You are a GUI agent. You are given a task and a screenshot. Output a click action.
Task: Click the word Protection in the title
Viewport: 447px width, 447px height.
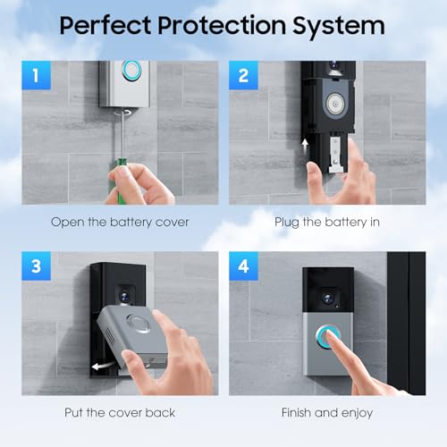[x=222, y=26]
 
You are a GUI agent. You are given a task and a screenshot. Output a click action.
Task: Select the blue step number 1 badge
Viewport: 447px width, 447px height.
[x=36, y=75]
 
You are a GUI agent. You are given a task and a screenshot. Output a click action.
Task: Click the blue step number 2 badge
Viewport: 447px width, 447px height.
[x=243, y=75]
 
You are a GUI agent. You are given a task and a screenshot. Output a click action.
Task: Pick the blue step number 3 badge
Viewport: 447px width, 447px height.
[x=36, y=266]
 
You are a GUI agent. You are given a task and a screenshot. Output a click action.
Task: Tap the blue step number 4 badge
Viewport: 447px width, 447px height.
[x=243, y=266]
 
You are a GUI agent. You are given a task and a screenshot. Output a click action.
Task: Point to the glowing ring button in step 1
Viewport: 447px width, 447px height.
[x=131, y=70]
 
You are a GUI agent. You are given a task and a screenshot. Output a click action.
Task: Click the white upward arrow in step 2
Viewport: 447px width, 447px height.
[x=305, y=147]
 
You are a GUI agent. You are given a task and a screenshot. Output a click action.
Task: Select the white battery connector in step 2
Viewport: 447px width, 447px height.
[x=338, y=155]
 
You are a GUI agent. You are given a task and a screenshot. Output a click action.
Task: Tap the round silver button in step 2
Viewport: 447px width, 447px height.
[x=336, y=104]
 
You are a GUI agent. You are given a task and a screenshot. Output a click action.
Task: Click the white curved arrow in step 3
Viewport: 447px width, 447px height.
[x=102, y=366]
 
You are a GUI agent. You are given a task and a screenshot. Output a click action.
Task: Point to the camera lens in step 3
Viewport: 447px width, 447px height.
[x=124, y=296]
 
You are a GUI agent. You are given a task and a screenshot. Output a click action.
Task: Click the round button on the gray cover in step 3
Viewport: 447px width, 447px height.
[x=139, y=324]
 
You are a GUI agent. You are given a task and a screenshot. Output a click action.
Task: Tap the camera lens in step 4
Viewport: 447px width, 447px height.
[x=328, y=299]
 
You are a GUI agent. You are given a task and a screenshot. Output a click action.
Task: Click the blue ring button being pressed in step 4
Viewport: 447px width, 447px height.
[x=328, y=337]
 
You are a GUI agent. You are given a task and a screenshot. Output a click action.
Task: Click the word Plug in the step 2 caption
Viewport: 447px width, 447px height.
[x=287, y=223]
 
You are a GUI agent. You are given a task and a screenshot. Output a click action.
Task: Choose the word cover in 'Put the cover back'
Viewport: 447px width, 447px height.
[x=125, y=413]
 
